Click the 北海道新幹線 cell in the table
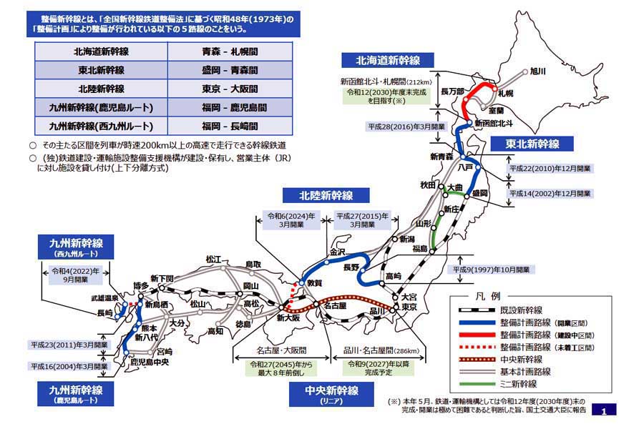tap(101, 52)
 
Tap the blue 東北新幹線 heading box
tap(534, 144)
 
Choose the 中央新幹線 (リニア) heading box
tap(326, 394)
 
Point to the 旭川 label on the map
tap(538, 71)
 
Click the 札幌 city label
tap(505, 93)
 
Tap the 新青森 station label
tap(442, 157)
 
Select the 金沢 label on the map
tap(337, 252)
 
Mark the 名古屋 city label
tap(336, 305)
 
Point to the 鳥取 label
tap(253, 264)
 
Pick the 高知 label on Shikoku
tap(216, 332)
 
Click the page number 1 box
tap(605, 411)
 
